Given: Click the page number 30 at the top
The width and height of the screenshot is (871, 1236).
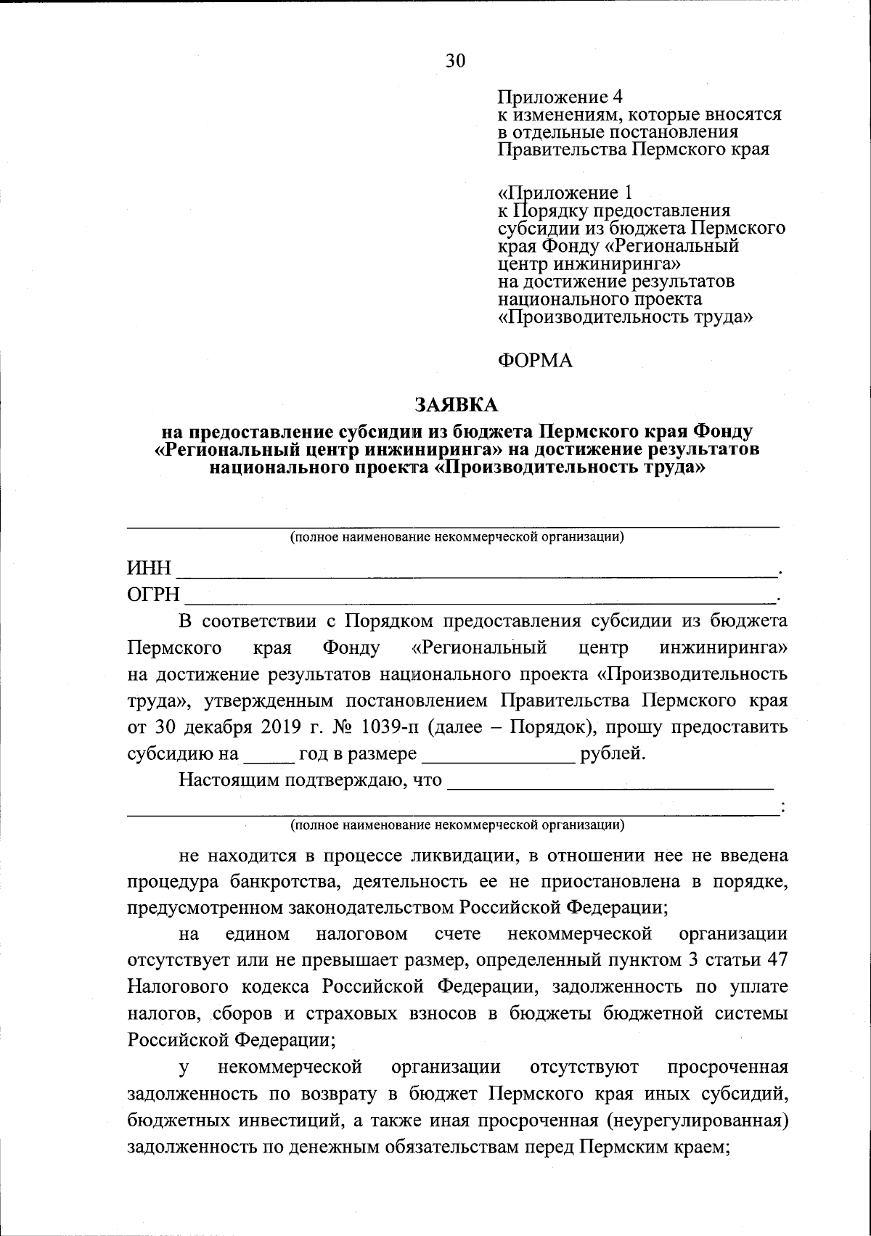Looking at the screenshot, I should tap(455, 60).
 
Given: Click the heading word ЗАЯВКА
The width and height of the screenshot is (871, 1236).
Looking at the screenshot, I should tap(457, 403).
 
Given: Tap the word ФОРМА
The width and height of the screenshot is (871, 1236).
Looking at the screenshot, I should tap(535, 361).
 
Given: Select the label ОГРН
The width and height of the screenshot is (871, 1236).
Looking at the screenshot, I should tap(153, 595).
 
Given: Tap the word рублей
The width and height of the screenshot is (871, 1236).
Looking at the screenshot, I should tap(612, 754).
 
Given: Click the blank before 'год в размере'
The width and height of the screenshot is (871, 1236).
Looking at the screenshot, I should tap(269, 758).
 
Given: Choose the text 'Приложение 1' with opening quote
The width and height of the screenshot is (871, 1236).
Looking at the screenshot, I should tap(565, 193).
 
